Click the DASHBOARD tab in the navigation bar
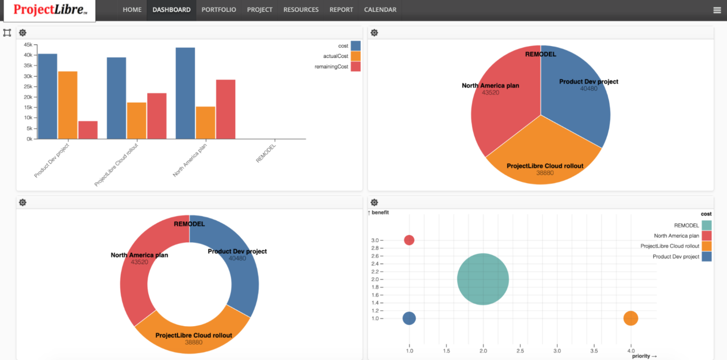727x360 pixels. [171, 10]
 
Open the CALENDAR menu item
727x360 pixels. [380, 10]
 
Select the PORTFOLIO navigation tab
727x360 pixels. [219, 10]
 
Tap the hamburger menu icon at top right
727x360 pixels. [717, 10]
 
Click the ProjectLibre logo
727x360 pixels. [50, 10]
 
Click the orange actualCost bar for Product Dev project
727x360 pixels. [67, 105]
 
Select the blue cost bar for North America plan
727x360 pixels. [185, 93]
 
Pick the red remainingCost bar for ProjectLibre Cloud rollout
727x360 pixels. [157, 116]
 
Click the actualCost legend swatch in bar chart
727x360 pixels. [356, 56]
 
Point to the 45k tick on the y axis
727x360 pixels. [28, 45]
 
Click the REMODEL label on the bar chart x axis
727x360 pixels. [266, 153]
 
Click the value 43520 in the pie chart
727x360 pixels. [490, 92]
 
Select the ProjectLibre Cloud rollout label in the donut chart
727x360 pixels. [194, 335]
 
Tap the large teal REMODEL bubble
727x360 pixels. [483, 279]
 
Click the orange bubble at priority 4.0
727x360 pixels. [631, 318]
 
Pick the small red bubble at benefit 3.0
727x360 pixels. [409, 240]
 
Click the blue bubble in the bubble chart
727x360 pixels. [409, 318]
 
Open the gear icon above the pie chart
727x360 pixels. [374, 33]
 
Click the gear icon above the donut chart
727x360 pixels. [23, 202]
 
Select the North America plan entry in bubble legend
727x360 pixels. [676, 236]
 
